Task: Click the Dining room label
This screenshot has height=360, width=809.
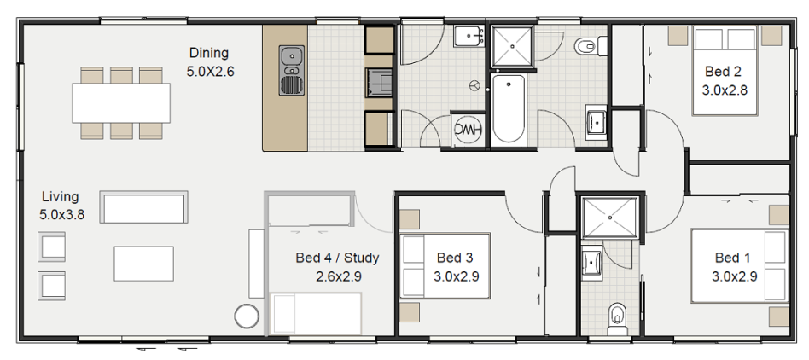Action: [x=210, y=62]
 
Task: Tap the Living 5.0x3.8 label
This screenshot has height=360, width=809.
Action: [x=61, y=206]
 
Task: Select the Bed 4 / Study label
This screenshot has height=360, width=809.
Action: [x=336, y=266]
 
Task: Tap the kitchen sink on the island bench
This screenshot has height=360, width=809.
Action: [x=291, y=58]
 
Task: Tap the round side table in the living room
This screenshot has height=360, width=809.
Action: [x=247, y=315]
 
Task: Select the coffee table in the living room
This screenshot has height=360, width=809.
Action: [x=143, y=263]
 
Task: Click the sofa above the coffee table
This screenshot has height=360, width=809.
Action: [x=143, y=207]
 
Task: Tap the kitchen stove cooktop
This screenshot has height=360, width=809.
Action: [x=380, y=82]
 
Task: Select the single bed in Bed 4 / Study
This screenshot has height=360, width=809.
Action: [x=316, y=313]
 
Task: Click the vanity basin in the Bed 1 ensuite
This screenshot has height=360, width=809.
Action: [x=591, y=261]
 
